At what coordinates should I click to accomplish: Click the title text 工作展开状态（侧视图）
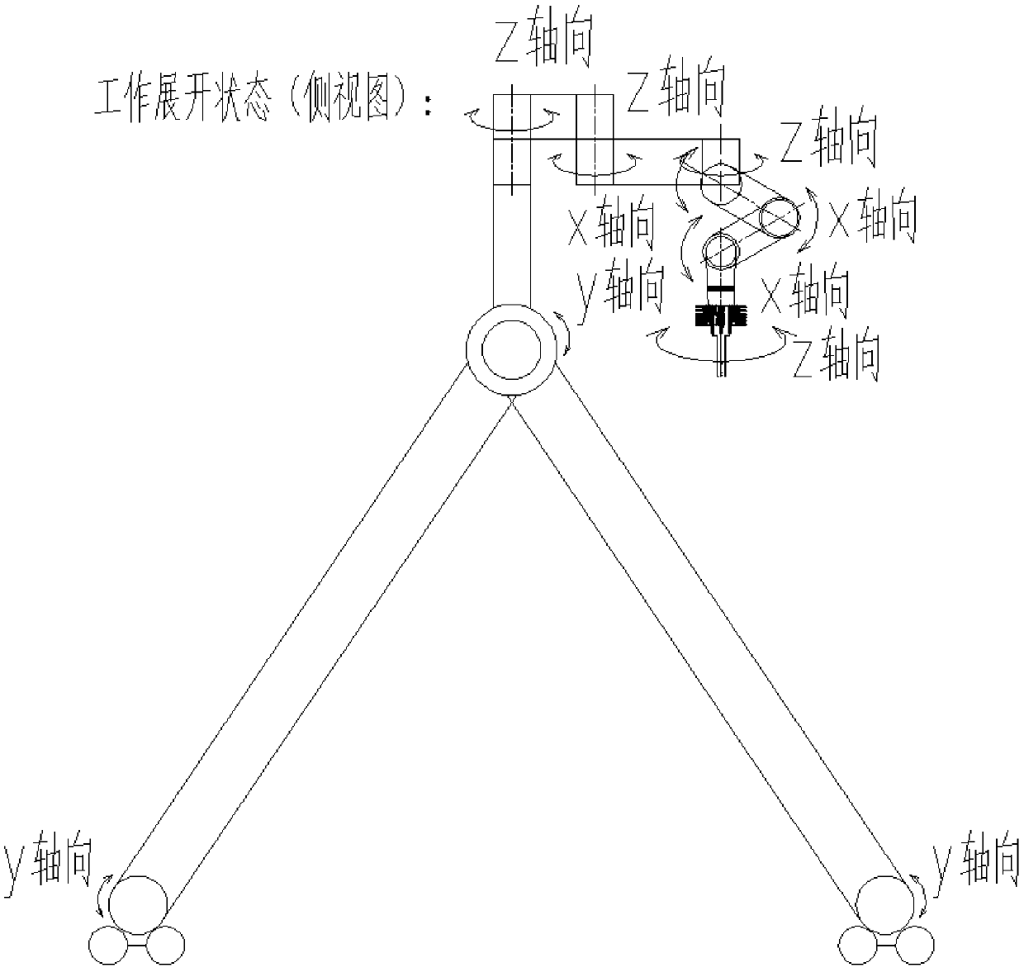coord(257,104)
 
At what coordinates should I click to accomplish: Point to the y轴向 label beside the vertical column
coord(620,288)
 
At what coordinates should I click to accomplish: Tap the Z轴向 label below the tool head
coord(835,356)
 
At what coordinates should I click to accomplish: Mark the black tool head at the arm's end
coord(721,317)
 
